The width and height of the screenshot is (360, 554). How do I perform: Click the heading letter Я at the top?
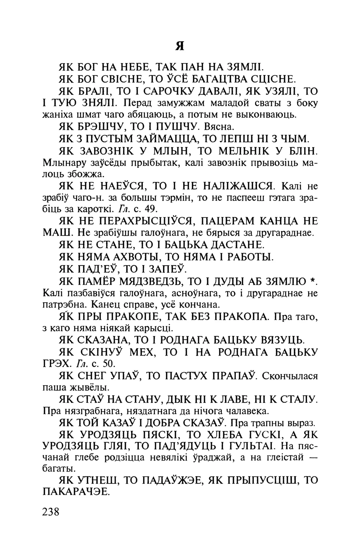point(180,46)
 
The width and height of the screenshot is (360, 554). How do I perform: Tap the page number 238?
point(52,512)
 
